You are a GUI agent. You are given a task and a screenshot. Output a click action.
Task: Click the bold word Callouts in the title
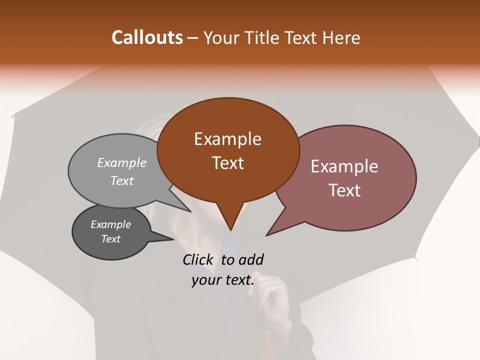pos(147,37)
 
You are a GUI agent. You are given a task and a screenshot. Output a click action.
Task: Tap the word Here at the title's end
pos(341,38)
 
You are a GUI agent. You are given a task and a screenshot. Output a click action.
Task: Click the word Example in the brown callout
pos(227,139)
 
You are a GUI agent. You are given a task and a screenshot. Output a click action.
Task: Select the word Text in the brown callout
pos(227,163)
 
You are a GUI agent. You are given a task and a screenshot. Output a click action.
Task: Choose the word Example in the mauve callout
pos(344,166)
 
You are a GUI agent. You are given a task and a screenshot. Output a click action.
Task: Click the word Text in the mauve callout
pos(344,190)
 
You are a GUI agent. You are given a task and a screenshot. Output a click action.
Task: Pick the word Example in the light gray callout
pos(121,162)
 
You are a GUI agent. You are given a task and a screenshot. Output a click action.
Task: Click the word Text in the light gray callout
pos(121,181)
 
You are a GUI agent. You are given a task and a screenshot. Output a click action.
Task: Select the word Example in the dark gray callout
pos(110,224)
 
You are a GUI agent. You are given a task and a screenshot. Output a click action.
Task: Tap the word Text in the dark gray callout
pos(110,239)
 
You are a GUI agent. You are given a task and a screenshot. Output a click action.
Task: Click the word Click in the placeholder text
pos(198,259)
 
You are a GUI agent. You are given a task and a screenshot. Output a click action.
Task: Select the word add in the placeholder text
pos(250,259)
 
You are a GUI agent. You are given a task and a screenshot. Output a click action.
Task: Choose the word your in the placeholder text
pos(206,280)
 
